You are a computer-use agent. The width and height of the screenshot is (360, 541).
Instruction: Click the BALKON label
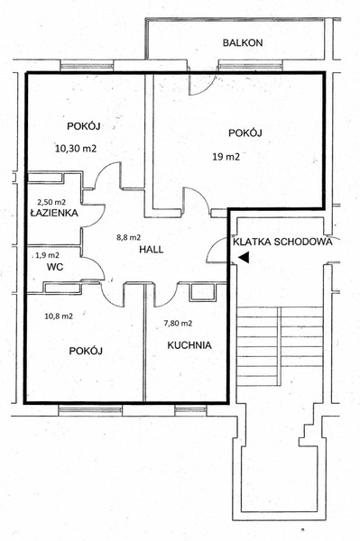pos(243,42)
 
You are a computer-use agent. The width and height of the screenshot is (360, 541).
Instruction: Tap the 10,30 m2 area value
pos(76,149)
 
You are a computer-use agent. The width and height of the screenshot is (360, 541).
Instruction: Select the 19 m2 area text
pos(226,157)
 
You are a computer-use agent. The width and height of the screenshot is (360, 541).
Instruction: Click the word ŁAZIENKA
pos(54,213)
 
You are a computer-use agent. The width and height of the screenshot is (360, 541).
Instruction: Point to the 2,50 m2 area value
pos(51,202)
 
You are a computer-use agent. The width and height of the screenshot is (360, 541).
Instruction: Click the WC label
pos(55,267)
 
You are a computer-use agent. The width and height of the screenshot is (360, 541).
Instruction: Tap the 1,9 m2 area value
pos(47,255)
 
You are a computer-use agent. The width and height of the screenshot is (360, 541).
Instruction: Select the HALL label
pos(152,250)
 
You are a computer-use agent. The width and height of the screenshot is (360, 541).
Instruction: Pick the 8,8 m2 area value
pos(128,237)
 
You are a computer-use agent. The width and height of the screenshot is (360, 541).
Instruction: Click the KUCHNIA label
pos(189,345)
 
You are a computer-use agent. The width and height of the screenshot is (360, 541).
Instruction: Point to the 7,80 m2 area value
pos(178,324)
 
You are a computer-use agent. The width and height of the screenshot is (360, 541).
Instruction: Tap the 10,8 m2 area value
pos(59,316)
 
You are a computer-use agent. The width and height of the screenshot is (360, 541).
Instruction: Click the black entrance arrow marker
pos(244,257)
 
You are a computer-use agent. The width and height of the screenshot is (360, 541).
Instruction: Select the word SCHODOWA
pos(303,242)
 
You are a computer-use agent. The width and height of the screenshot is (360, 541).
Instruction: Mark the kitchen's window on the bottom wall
pos(190,410)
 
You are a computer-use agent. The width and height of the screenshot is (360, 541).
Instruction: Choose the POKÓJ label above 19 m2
pos(245,133)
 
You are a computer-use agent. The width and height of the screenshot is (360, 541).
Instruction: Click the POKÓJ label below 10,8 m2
pos(86,351)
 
